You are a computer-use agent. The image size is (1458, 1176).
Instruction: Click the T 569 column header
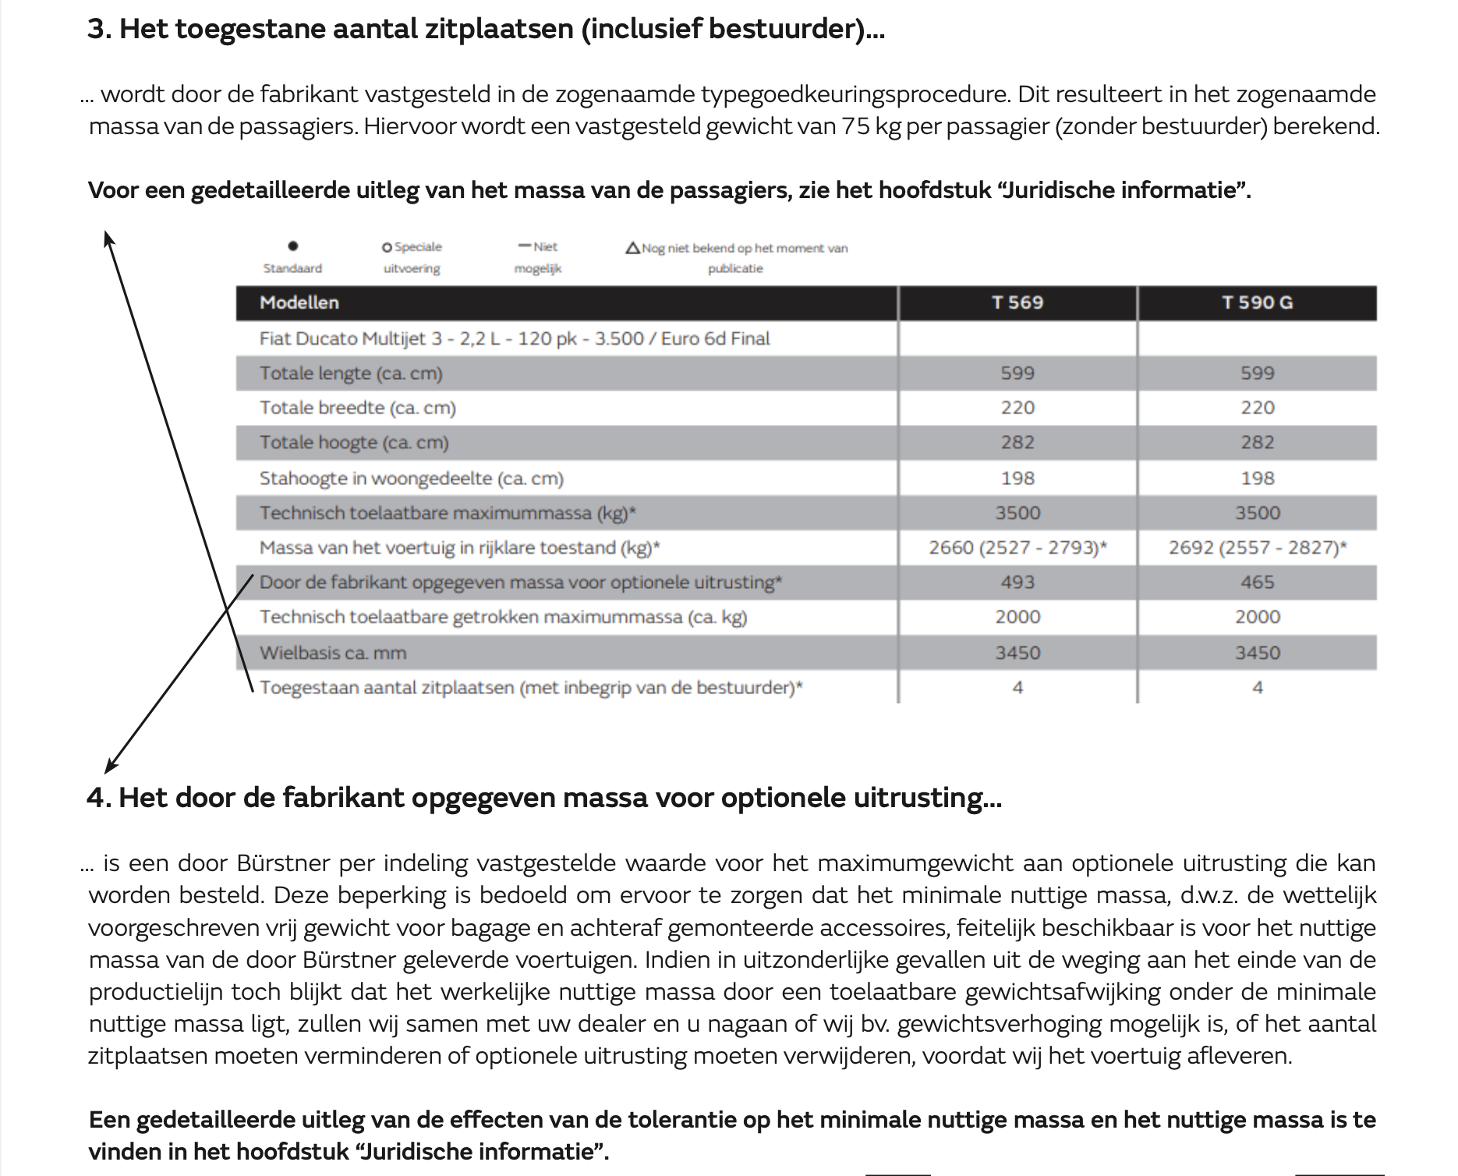tap(1017, 303)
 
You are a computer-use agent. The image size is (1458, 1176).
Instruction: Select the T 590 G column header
tap(1256, 303)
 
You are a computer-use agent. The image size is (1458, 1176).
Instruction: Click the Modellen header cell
tap(299, 303)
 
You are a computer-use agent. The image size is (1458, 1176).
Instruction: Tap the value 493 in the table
tap(1017, 583)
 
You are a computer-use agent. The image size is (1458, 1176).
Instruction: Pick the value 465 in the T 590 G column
tap(1257, 583)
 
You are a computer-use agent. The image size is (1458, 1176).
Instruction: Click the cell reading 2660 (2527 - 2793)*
tap(1017, 547)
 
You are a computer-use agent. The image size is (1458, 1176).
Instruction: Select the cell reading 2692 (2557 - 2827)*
tap(1257, 547)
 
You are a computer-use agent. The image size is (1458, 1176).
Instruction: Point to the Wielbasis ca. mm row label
tap(333, 653)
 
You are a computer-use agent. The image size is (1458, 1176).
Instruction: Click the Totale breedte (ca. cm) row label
tap(358, 408)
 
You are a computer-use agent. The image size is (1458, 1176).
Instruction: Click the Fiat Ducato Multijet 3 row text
tap(515, 338)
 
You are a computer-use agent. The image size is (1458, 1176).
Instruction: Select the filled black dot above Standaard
tap(292, 246)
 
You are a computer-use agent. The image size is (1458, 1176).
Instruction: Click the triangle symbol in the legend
tap(632, 248)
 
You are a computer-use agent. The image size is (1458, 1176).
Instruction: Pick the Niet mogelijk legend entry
tap(538, 257)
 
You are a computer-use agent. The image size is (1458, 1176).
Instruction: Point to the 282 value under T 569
tap(1017, 442)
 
